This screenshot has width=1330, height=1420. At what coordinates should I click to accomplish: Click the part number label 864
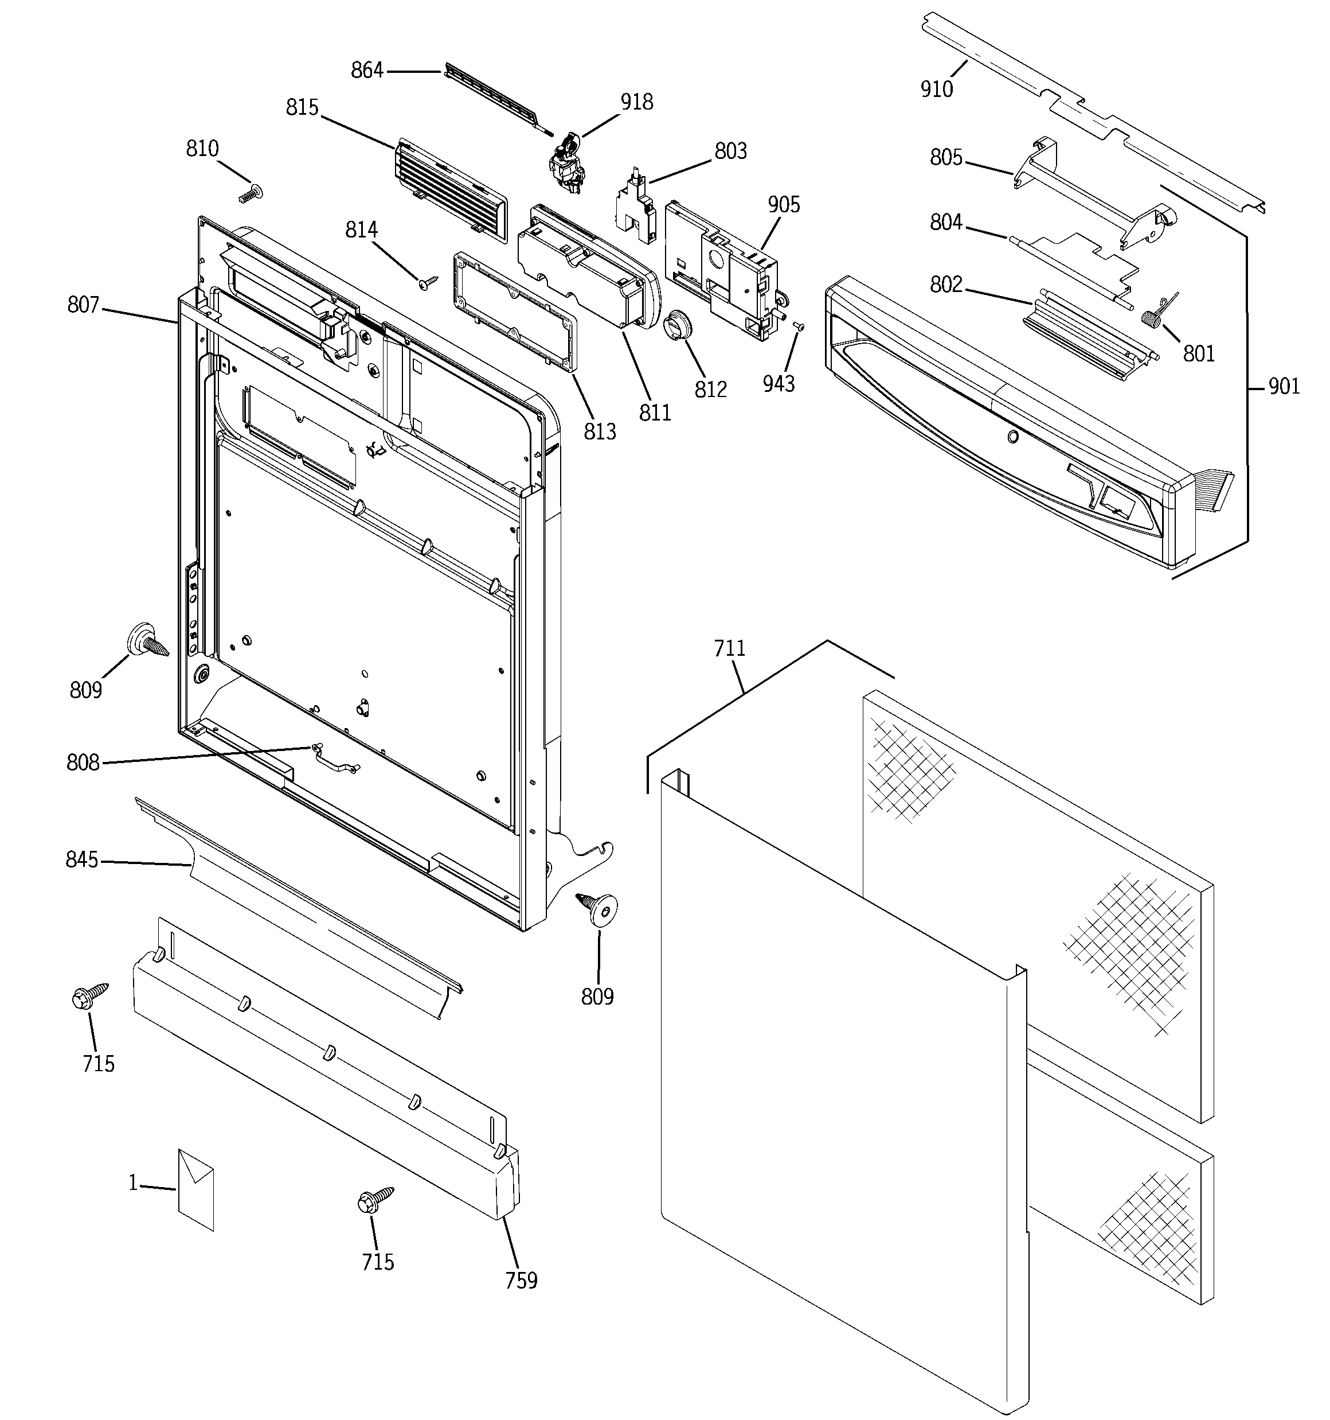point(367,71)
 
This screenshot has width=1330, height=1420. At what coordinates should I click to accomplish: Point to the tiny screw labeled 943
point(800,326)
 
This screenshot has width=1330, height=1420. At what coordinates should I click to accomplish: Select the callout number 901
point(1284,387)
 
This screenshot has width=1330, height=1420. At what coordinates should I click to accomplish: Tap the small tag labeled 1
point(195,1189)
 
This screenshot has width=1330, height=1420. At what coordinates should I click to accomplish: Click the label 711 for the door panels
point(729,648)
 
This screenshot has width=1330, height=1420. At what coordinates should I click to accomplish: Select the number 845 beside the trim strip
point(81,859)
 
